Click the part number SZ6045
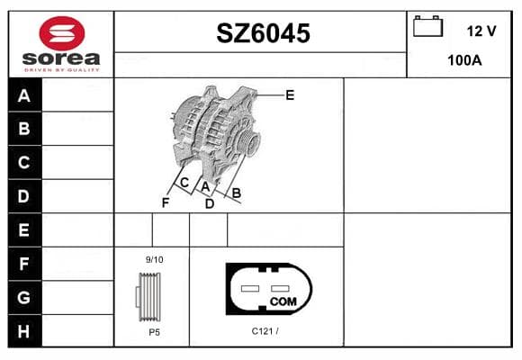(x=263, y=33)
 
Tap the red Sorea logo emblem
(x=62, y=33)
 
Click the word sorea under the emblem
(x=61, y=58)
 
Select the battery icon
(x=427, y=26)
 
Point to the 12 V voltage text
(x=481, y=31)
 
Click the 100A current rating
(x=464, y=60)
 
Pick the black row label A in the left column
(x=24, y=95)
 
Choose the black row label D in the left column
(x=24, y=196)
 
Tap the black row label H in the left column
(x=24, y=331)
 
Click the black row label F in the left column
(x=24, y=264)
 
